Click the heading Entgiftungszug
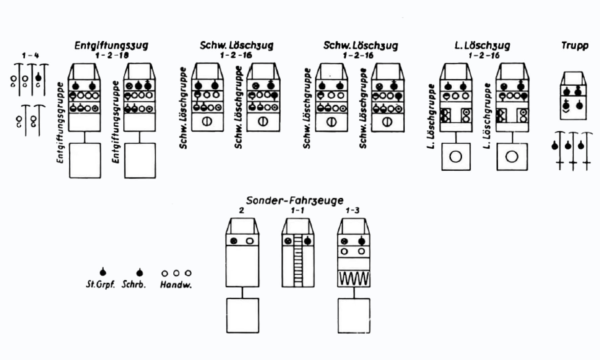pos(111,45)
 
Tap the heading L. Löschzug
pos(482,45)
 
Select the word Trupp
pos(575,45)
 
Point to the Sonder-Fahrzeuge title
pos(295,200)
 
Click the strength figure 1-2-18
pos(112,55)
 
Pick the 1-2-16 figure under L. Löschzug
pos(484,55)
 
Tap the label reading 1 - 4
pos(30,55)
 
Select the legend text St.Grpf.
pos(100,284)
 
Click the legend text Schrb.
pos(134,284)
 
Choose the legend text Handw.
pos(176,285)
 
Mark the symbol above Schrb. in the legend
pos(139,272)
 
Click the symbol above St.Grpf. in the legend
pos(103,272)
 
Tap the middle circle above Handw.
pos(176,273)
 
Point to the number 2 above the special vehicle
pos(241,211)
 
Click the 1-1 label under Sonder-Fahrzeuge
pos(298,211)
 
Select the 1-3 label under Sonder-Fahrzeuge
pos(352,211)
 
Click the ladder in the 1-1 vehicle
pos(298,261)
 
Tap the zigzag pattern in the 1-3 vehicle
pos(353,279)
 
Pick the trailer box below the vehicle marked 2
pos(242,315)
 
